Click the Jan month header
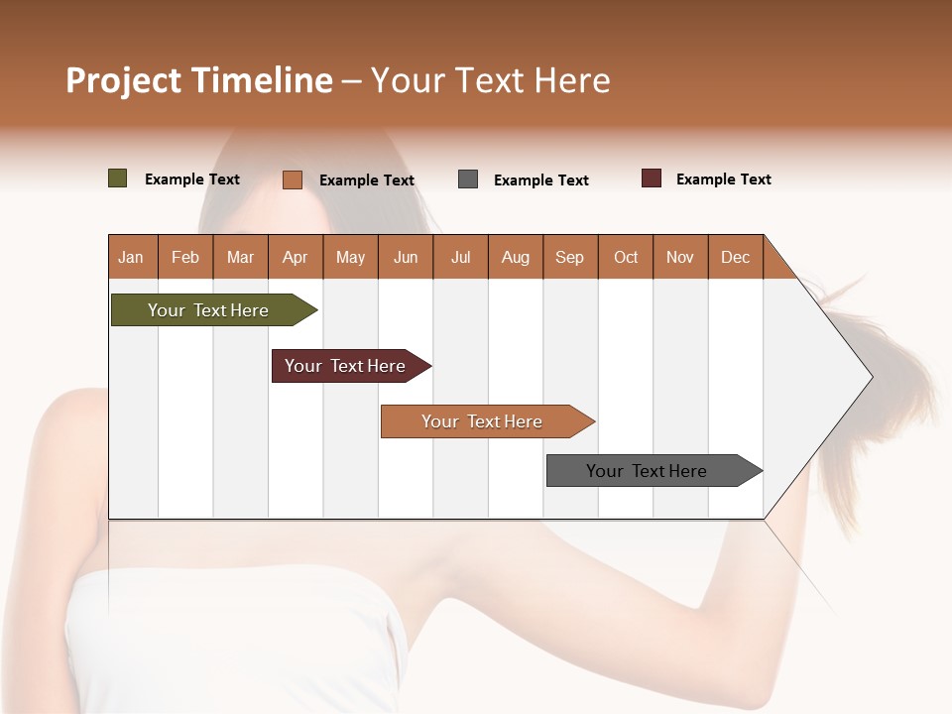(x=131, y=257)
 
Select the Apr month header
(x=295, y=257)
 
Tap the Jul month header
(x=460, y=257)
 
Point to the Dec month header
(x=735, y=257)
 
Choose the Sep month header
(x=569, y=257)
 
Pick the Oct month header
(x=626, y=257)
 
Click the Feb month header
(x=185, y=257)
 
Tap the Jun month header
(x=406, y=257)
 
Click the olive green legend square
(x=118, y=178)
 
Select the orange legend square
(x=293, y=179)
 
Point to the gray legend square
(x=468, y=179)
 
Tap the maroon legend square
(x=652, y=178)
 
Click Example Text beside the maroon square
(x=723, y=179)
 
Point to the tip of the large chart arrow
(x=870, y=377)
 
